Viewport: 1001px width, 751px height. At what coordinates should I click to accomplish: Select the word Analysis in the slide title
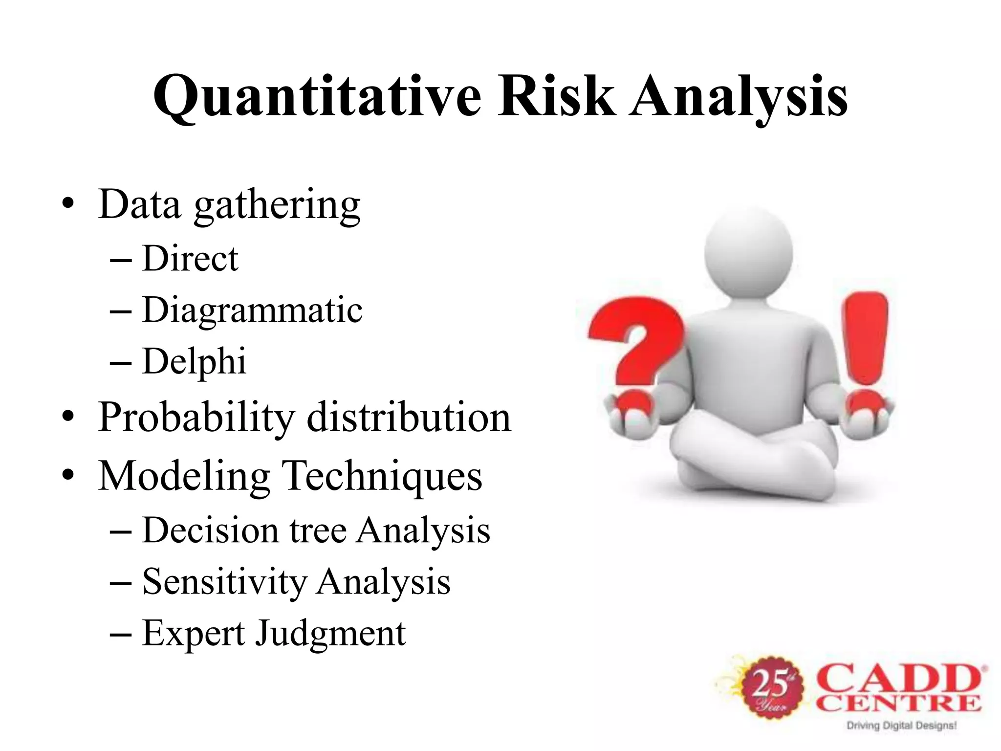[738, 96]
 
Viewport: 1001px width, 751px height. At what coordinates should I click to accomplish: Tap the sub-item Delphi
[194, 361]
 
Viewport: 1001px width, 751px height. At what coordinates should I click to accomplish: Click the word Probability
[196, 418]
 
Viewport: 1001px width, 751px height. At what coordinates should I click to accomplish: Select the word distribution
[409, 418]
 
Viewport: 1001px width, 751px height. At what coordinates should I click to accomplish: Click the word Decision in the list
[210, 530]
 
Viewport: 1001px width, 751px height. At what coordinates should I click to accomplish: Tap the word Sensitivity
[224, 582]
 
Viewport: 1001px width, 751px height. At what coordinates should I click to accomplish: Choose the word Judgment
[331, 634]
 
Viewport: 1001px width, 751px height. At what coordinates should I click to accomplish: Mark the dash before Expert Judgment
[121, 634]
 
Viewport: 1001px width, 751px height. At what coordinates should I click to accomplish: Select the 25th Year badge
[772, 686]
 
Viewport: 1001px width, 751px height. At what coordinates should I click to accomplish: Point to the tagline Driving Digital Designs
[901, 726]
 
